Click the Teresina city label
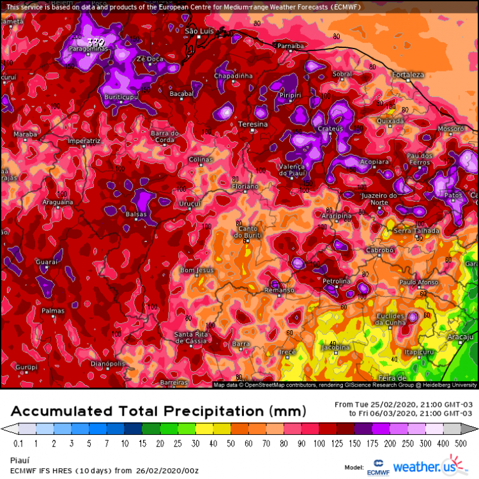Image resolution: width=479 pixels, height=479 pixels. coord(252,123)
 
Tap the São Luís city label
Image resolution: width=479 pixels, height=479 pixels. coord(198,31)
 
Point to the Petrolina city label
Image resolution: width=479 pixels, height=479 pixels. coord(336,281)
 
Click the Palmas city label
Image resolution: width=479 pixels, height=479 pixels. coord(52,311)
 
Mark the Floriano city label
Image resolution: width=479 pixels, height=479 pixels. coord(245,186)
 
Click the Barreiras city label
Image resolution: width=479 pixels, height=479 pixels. coord(174,381)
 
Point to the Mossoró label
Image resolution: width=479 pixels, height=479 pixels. coord(450,128)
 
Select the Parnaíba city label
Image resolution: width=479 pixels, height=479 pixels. coord(290,45)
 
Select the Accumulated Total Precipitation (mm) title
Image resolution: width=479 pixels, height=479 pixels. coord(158,410)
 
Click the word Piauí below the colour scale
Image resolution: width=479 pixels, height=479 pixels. coord(21,459)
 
